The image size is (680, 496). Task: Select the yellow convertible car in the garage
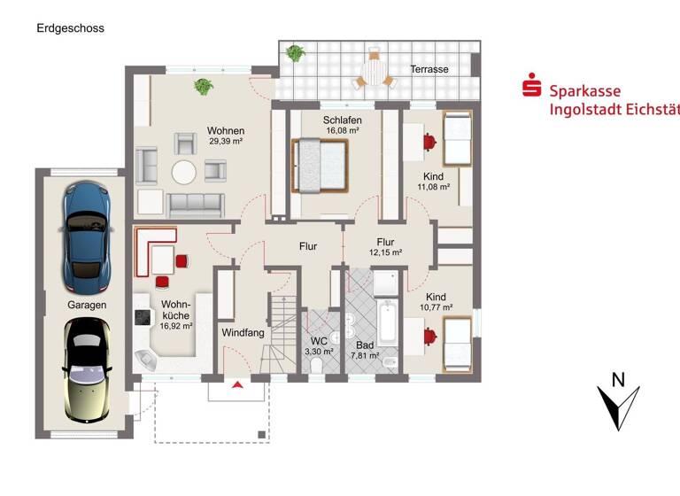[x=86, y=369]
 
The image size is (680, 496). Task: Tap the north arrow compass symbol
[x=619, y=403]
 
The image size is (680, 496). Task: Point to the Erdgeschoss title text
[x=70, y=28]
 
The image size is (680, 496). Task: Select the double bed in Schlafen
[x=320, y=164]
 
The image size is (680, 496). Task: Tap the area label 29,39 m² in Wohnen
[x=226, y=141]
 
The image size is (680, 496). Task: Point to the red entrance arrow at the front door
[x=236, y=384]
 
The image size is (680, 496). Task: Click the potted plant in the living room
[x=204, y=87]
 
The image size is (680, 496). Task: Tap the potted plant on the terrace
[x=296, y=53]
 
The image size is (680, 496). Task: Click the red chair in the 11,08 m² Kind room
[x=429, y=140]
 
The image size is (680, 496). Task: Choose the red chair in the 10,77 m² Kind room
[x=429, y=337]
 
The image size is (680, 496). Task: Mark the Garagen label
[x=87, y=305]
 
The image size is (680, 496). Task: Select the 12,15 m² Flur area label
[x=385, y=252]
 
